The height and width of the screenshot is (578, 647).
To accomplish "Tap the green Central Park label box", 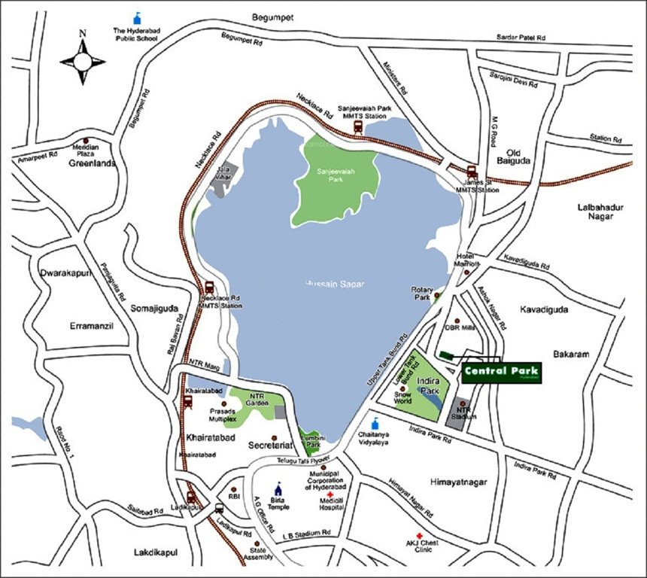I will pos(501,373).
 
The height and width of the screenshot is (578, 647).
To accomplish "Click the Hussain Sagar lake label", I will pos(335,283).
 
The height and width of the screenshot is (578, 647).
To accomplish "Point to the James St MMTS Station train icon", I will pos(472,172).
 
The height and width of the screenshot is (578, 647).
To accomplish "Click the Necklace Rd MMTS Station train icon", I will pos(209,287).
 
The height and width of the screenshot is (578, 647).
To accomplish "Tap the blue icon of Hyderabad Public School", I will pos(137,17).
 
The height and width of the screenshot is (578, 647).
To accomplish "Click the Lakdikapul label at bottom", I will pos(154,552).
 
